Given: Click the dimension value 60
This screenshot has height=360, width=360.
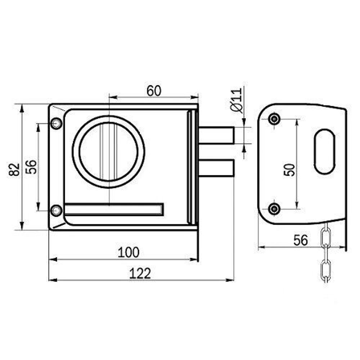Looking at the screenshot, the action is tap(154, 91).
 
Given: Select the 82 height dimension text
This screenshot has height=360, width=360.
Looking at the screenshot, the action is tap(14, 170).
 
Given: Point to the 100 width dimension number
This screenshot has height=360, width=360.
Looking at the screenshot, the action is tap(129, 252).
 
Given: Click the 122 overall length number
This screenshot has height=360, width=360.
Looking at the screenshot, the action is tap(140, 273).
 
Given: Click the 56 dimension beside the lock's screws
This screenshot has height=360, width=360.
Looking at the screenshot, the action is tap(31, 167).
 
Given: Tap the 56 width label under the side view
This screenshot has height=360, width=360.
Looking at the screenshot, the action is tap(301, 240).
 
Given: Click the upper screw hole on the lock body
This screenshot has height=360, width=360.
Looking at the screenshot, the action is tap(56, 123).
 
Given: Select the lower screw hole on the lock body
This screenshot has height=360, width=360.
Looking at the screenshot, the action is tap(56, 210).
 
